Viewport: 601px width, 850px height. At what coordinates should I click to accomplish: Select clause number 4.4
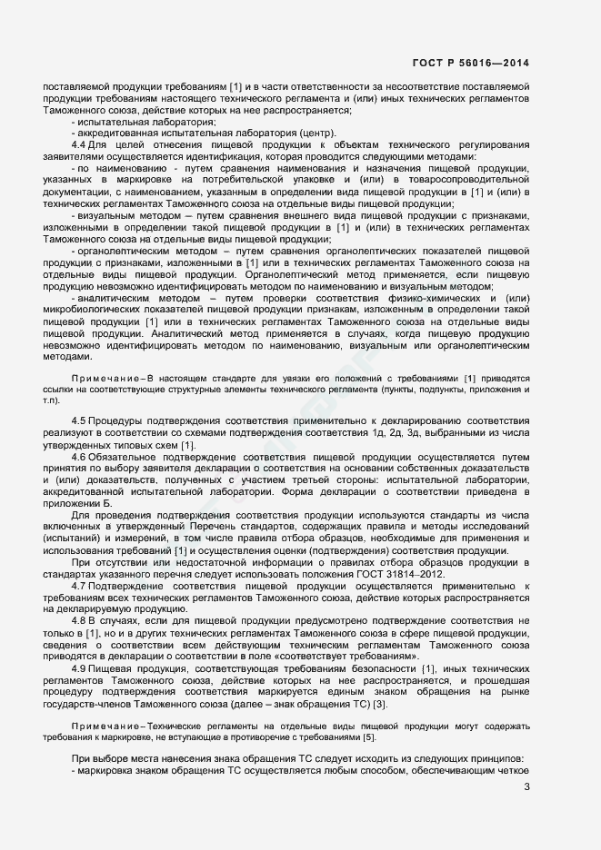click(x=78, y=144)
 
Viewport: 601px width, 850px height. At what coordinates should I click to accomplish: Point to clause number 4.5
click(x=78, y=420)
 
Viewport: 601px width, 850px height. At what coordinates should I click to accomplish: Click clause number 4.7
click(x=78, y=587)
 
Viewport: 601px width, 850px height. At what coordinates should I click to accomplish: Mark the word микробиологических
click(x=95, y=310)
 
